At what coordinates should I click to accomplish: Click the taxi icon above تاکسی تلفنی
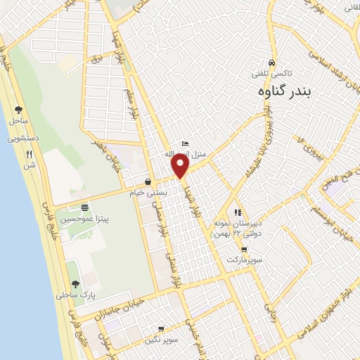[x=271, y=62]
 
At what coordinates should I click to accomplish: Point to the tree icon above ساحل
[x=18, y=110]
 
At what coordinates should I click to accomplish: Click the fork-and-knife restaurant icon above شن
[x=29, y=154]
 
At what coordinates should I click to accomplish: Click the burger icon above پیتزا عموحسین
[x=85, y=207]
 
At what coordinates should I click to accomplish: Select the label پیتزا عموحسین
[x=85, y=219]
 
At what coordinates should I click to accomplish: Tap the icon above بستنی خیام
[x=148, y=181]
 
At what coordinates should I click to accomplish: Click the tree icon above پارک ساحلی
[x=75, y=284]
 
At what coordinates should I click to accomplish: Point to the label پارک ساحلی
[x=75, y=296]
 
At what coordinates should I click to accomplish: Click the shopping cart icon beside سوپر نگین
[x=161, y=328]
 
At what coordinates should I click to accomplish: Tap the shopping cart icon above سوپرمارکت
[x=243, y=249]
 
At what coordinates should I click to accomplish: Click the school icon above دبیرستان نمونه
[x=238, y=212]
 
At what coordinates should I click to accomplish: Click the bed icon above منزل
[x=184, y=143]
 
